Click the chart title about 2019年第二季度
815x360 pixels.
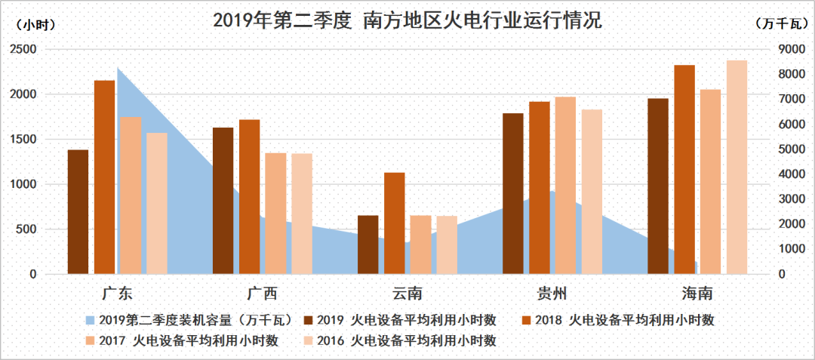pyautogui.click(x=407, y=20)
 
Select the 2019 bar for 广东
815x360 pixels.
pyautogui.click(x=78, y=211)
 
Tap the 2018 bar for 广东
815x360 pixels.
pyautogui.click(x=104, y=177)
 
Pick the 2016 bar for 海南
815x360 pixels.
pyautogui.click(x=737, y=167)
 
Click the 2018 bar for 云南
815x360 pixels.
pyautogui.click(x=395, y=223)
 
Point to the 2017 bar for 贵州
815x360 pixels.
pyautogui.click(x=565, y=185)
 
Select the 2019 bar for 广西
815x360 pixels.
pyautogui.click(x=223, y=200)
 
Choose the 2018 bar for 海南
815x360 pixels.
pyautogui.click(x=684, y=169)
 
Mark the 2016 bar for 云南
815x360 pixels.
pyautogui.click(x=447, y=245)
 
